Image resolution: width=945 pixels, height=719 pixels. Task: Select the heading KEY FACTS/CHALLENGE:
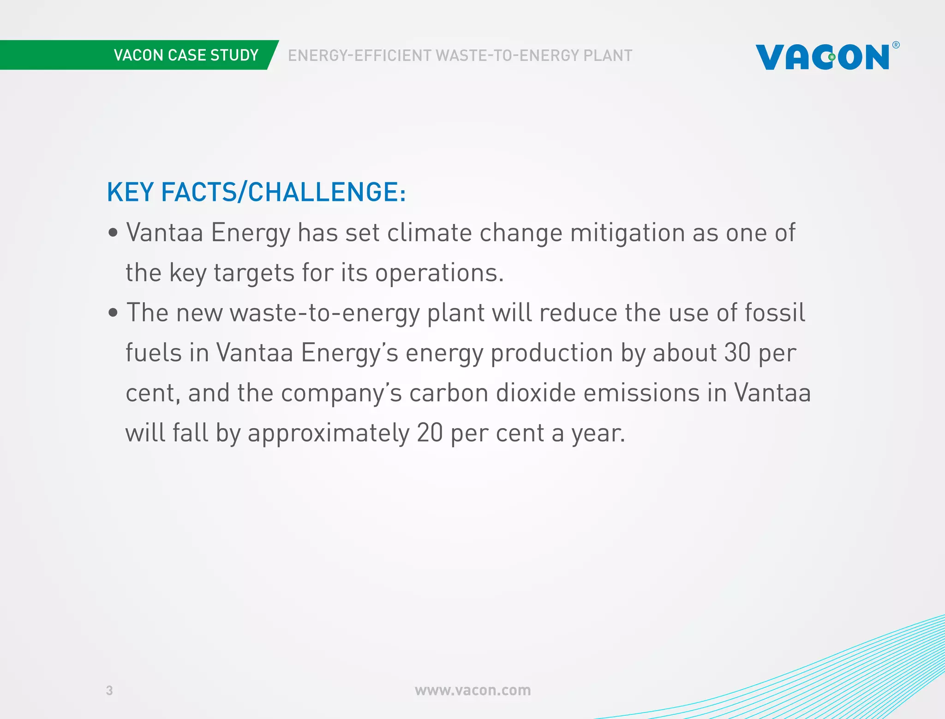[256, 192]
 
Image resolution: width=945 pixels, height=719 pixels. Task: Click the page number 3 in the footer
[109, 690]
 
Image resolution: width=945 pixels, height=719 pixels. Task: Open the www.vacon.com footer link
[472, 690]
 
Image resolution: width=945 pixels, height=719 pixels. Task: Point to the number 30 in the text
[737, 353]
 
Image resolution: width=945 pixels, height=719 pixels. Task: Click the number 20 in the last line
[430, 433]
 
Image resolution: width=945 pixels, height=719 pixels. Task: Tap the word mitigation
[628, 232]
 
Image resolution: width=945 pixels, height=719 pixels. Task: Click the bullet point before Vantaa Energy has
[113, 233]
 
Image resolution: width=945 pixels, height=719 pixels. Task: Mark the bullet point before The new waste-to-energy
[113, 313]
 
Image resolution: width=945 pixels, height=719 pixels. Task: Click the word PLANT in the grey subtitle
[608, 55]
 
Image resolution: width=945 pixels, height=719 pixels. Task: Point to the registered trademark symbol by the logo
[896, 45]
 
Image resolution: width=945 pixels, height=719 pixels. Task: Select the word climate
[429, 232]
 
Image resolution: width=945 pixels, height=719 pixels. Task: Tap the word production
[551, 354]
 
